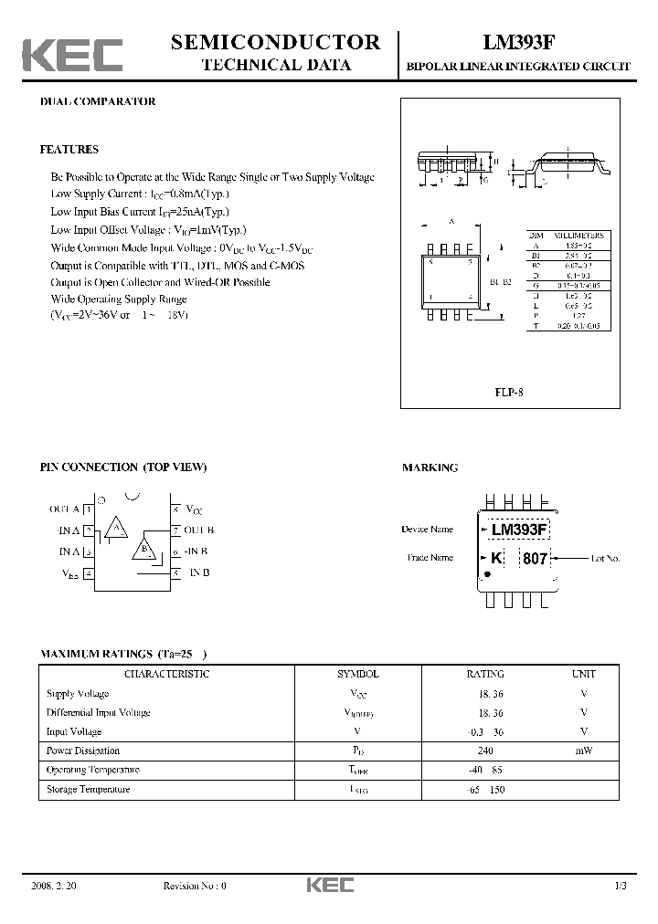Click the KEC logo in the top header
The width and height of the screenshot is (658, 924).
coord(72,55)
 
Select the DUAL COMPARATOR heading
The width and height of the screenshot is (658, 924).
coord(97,101)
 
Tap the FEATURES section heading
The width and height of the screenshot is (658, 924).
coord(69,149)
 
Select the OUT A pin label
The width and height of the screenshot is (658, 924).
coord(64,509)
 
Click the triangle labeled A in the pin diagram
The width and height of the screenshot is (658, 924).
coord(115,528)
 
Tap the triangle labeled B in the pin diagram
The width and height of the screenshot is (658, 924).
coord(143,549)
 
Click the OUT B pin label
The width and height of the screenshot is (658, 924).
coord(198,530)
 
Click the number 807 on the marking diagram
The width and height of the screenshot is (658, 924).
coord(534,558)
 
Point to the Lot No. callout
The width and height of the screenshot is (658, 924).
coord(605,558)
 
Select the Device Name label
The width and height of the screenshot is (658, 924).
coord(427,530)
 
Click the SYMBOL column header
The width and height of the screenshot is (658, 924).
coord(358,674)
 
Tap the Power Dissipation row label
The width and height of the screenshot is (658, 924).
coord(83,751)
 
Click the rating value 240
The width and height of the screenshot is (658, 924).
coord(484,751)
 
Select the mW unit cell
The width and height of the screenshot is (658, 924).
coord(583,751)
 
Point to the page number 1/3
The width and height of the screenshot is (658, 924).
coord(621,886)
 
